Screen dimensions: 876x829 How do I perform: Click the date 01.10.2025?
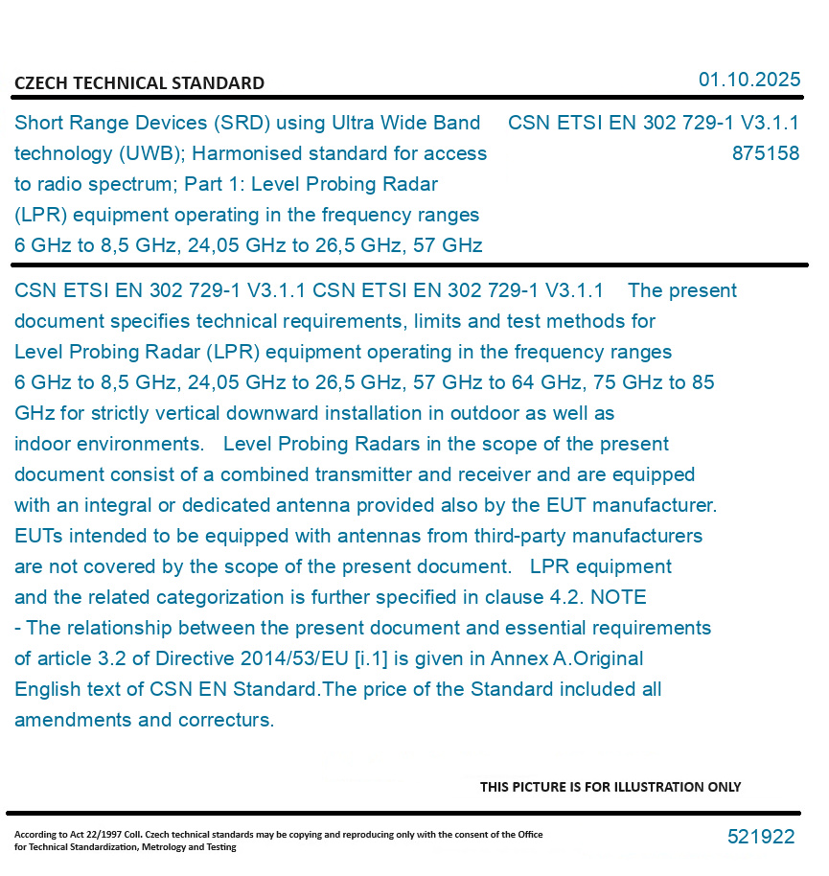pyautogui.click(x=748, y=80)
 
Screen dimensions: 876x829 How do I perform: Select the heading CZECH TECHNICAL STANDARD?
pyautogui.click(x=139, y=83)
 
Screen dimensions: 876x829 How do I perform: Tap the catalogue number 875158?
pyautogui.click(x=765, y=153)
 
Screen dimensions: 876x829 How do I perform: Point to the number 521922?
pyautogui.click(x=761, y=837)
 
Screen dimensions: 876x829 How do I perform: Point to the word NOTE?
pyautogui.click(x=618, y=597)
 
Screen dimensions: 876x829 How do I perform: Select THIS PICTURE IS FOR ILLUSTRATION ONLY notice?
pyautogui.click(x=610, y=787)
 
